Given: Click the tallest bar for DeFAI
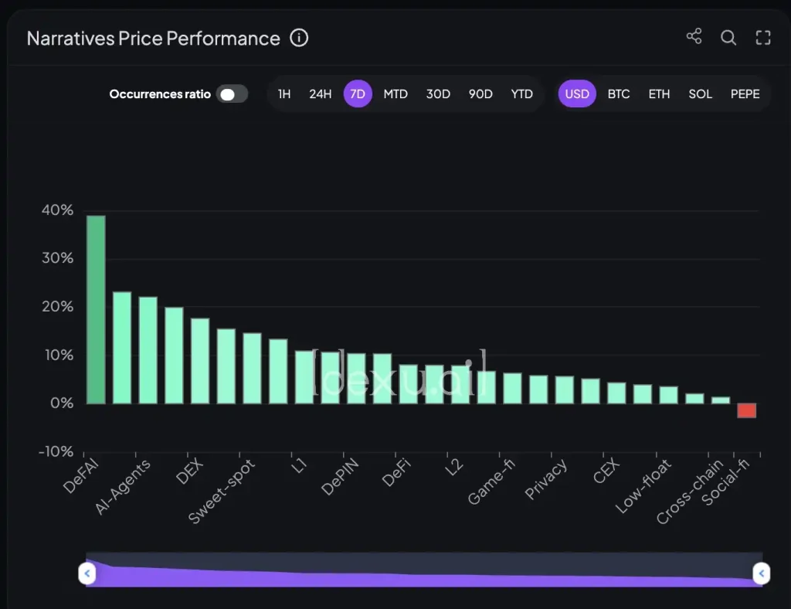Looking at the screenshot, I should coord(96,309).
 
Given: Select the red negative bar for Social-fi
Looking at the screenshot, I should coord(746,410).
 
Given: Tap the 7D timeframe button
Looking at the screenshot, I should coord(358,94).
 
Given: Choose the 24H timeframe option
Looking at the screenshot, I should coord(320,94).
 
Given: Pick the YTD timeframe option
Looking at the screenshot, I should coord(521,94).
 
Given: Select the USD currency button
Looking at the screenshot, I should coord(577,94).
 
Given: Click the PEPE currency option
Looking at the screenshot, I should coord(745,94).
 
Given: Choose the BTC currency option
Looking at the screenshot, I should coord(619,94).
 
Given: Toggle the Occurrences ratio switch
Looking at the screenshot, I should coord(232,94).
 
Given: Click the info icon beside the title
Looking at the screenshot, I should coord(299,38).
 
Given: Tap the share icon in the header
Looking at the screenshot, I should coord(694,37).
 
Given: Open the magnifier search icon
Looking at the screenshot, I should coord(728,37).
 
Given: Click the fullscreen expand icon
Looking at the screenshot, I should coord(763,37).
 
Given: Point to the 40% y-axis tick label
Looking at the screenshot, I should coord(57,210).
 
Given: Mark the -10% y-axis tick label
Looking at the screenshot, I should coord(56,451).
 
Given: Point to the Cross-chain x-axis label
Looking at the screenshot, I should coord(690,492).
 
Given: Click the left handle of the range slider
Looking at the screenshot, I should coord(87,573).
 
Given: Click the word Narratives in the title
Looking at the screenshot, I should coord(70,39).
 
